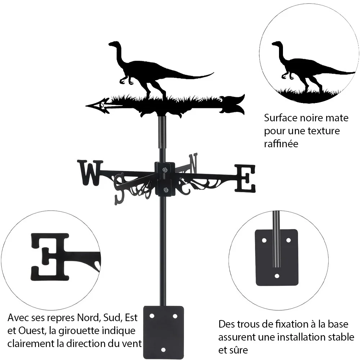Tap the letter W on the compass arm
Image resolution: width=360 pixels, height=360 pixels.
pyautogui.click(x=90, y=172)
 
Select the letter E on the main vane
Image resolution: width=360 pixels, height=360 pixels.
pyautogui.click(x=245, y=178)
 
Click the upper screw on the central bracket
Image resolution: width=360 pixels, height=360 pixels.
pyautogui.click(x=165, y=170)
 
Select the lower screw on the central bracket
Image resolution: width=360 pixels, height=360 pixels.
pyautogui.click(x=165, y=190)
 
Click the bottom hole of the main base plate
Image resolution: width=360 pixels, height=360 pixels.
pyautogui.click(x=163, y=350)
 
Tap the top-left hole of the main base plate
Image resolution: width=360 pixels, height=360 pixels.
pyautogui.click(x=152, y=316)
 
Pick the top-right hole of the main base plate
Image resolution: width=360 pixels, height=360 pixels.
pyautogui.click(x=175, y=316)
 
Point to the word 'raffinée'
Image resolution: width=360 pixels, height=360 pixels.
pyautogui.click(x=281, y=144)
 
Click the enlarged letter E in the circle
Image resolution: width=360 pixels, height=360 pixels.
pyautogui.click(x=50, y=257)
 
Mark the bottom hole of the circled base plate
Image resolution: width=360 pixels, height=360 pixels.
pyautogui.click(x=277, y=276)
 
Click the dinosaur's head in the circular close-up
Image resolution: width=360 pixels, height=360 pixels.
pyautogui.click(x=278, y=44)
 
